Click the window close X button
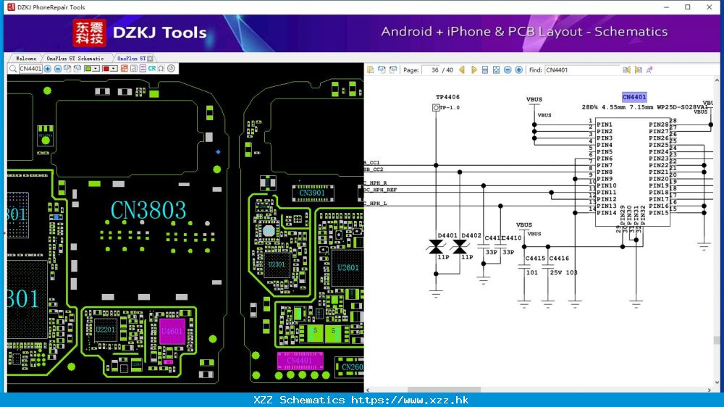point(709,7)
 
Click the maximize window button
point(687,7)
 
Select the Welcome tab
point(25,58)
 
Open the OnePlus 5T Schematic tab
point(75,58)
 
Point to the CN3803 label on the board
point(148,211)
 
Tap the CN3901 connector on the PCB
point(312,193)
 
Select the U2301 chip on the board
point(277,264)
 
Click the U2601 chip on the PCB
point(348,268)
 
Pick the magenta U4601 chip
point(172,332)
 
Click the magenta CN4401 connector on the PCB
point(299,360)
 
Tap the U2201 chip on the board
point(105,330)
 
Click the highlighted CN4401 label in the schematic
point(634,97)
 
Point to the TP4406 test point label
point(447,97)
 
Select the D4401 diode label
point(447,235)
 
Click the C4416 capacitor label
point(559,259)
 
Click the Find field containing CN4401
point(581,70)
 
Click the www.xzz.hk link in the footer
point(435,400)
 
